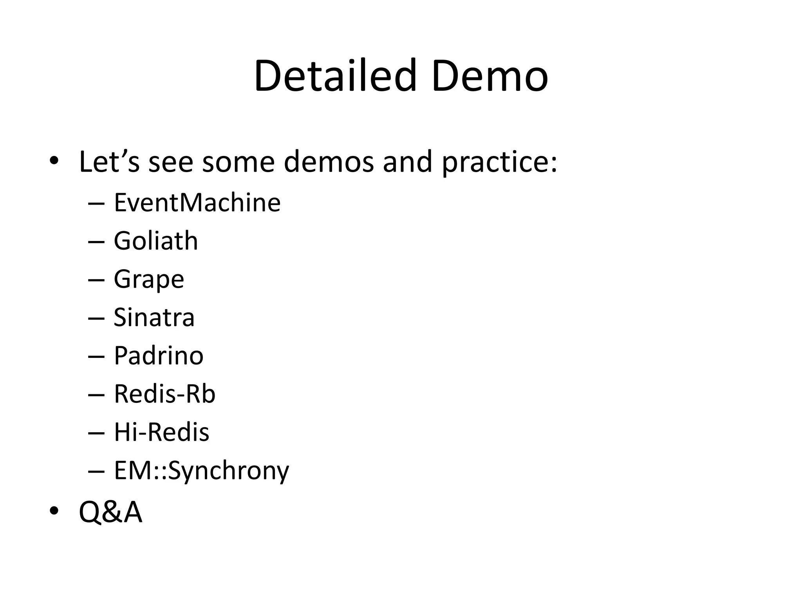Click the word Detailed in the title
[x=335, y=76]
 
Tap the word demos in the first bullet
[x=329, y=162]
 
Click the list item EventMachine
[x=197, y=203]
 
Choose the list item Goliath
[x=156, y=241]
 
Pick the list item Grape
[x=149, y=279]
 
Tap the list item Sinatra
[x=154, y=317]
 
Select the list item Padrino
[x=159, y=356]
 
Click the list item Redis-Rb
[x=164, y=394]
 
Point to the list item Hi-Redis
[x=161, y=432]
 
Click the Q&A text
[x=110, y=512]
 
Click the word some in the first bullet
[x=238, y=162]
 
